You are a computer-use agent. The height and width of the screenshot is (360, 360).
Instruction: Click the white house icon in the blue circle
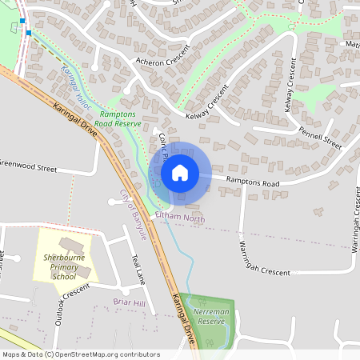[x=180, y=173]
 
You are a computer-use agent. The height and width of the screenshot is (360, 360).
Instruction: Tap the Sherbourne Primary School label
[x=63, y=267]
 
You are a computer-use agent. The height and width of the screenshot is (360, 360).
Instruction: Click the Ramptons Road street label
[x=253, y=182]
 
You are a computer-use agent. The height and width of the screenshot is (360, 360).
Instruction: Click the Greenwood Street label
[x=29, y=169]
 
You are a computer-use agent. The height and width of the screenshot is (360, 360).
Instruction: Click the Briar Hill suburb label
[x=129, y=303]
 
